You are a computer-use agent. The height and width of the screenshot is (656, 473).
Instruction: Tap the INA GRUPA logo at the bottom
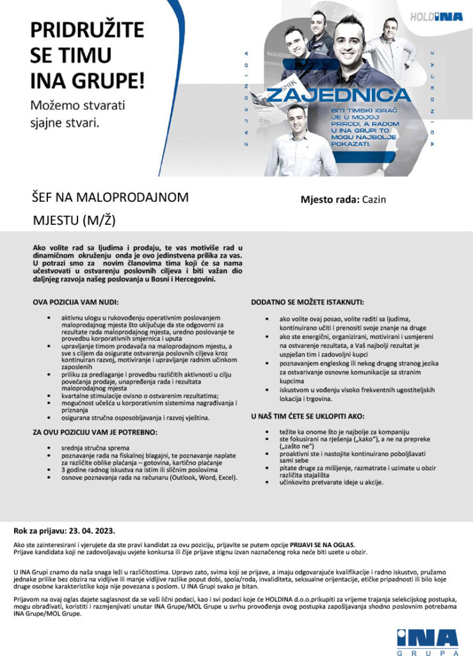[428, 641]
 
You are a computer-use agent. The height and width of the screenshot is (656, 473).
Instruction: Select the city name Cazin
[374, 199]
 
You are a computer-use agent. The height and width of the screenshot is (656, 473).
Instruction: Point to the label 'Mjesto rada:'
[330, 199]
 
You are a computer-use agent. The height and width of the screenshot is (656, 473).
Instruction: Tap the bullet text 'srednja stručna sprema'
[95, 447]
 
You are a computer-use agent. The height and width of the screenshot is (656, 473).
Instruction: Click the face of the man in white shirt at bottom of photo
[296, 118]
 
